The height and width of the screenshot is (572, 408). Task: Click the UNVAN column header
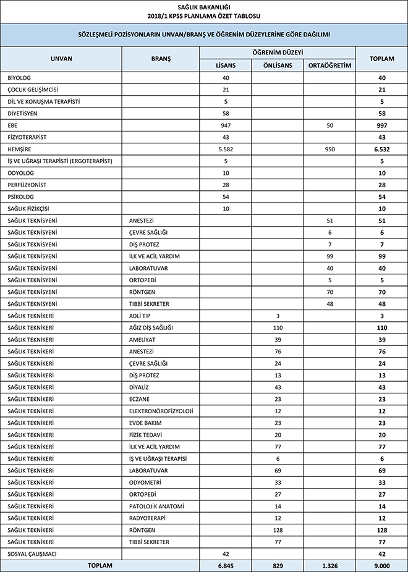[x=61, y=59]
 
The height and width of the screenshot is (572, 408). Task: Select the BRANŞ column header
[x=161, y=59]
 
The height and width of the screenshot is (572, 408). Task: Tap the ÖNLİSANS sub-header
[x=278, y=65]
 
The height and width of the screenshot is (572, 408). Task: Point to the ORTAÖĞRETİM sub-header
[x=329, y=65]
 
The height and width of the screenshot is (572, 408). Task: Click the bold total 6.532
[x=381, y=149]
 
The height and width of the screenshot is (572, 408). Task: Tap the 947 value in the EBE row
[x=225, y=125]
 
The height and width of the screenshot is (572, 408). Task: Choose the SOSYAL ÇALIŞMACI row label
[x=32, y=554]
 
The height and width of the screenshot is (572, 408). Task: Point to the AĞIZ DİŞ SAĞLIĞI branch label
[x=151, y=327]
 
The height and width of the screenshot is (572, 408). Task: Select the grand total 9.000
[x=381, y=566]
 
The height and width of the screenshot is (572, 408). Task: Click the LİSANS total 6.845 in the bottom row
[x=225, y=566]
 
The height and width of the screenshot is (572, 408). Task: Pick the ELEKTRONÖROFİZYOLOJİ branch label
[x=161, y=411]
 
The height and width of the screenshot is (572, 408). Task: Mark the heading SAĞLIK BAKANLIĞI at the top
[x=203, y=7]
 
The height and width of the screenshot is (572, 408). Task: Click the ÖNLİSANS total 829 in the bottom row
[x=278, y=566]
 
